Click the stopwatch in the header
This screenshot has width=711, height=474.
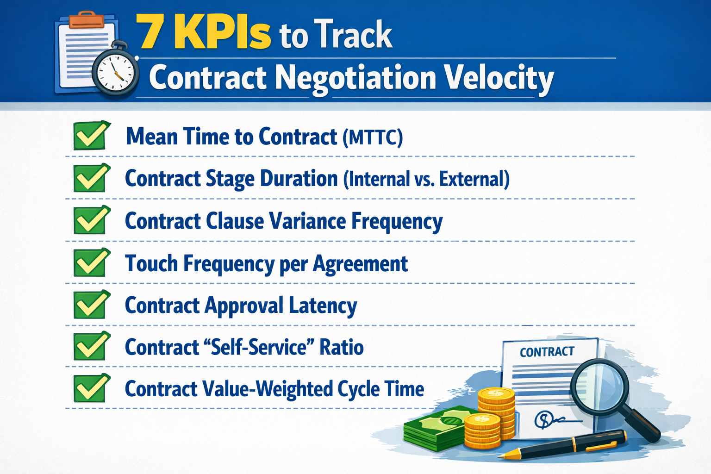click(116, 72)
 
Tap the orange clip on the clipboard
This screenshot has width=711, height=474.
click(87, 20)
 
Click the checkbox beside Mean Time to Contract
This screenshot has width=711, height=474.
click(91, 136)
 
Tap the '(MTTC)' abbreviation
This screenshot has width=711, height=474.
click(373, 137)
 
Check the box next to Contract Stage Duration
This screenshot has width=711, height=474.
click(91, 178)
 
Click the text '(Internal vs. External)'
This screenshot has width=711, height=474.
click(426, 179)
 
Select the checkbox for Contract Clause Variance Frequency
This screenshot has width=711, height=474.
click(91, 220)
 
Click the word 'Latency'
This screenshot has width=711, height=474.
click(323, 306)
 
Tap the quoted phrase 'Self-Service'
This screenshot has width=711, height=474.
click(259, 347)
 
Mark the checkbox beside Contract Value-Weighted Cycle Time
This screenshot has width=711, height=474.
click(91, 388)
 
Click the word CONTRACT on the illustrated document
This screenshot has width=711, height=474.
click(547, 352)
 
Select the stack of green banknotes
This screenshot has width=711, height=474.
click(433, 428)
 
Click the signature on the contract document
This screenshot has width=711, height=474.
click(553, 420)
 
